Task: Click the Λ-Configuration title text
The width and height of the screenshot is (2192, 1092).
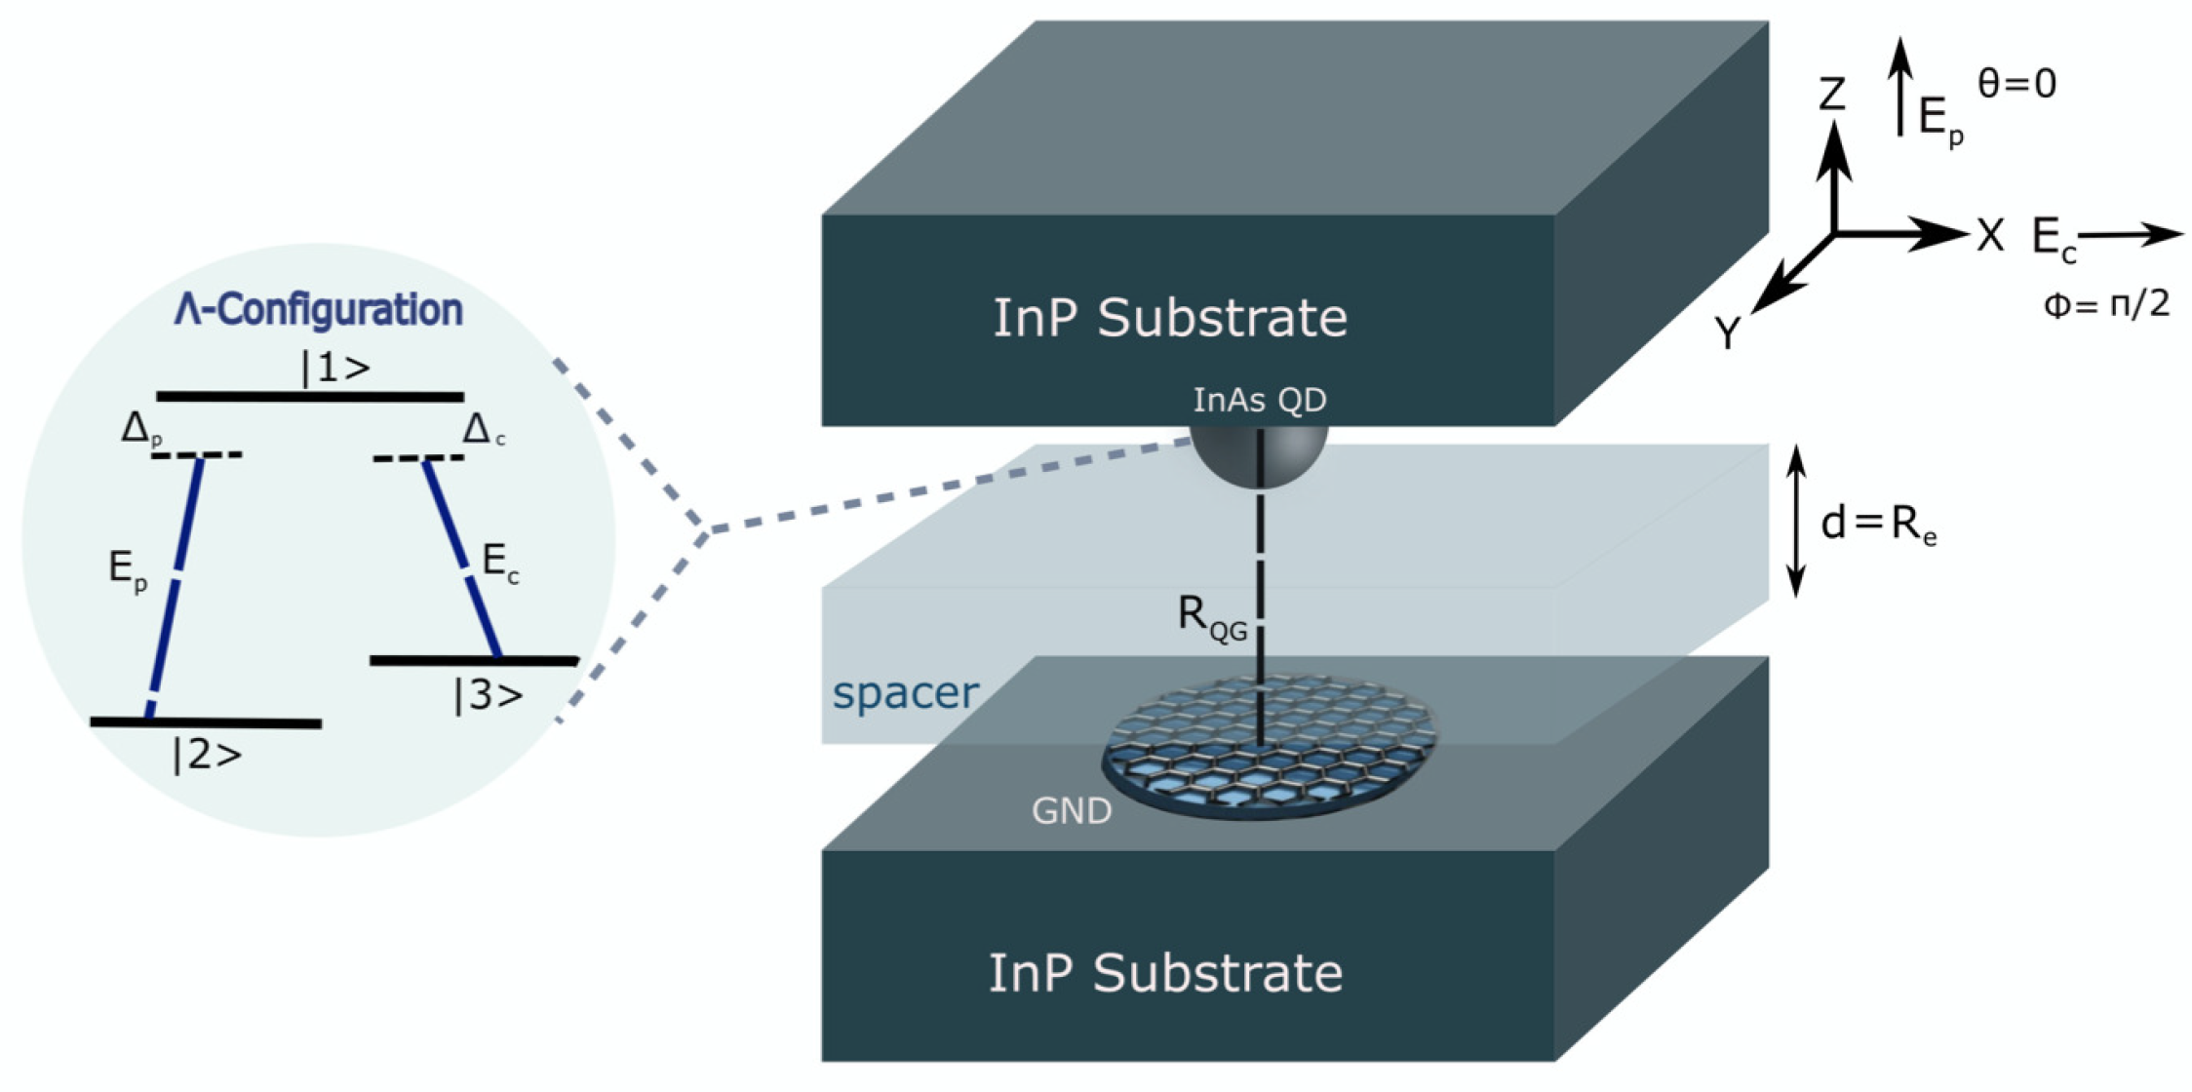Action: pyautogui.click(x=319, y=309)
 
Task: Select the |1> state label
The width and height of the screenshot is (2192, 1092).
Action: pyautogui.click(x=335, y=368)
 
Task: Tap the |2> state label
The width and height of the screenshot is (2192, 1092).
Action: pyautogui.click(x=207, y=756)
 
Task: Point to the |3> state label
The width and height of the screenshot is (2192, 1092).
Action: pyautogui.click(x=488, y=695)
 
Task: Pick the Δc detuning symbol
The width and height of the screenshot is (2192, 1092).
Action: pyautogui.click(x=483, y=429)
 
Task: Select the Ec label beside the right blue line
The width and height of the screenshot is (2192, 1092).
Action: pyautogui.click(x=500, y=563)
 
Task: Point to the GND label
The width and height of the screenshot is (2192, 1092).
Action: pyautogui.click(x=1071, y=811)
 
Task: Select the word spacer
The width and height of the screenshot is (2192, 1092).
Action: pyautogui.click(x=905, y=693)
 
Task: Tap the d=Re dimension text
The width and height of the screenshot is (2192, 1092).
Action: pyautogui.click(x=1877, y=526)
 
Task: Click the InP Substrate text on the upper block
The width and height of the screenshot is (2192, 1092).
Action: pyautogui.click(x=1169, y=318)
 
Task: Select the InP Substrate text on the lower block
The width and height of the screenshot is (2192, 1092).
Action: pyautogui.click(x=1165, y=973)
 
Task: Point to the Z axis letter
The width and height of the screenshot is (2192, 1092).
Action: pyautogui.click(x=1832, y=95)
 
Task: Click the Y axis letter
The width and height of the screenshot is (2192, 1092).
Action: pyautogui.click(x=1727, y=334)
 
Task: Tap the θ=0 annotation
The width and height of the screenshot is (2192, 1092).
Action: pyautogui.click(x=2016, y=84)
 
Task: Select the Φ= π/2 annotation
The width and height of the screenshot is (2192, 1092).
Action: pyautogui.click(x=2106, y=305)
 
